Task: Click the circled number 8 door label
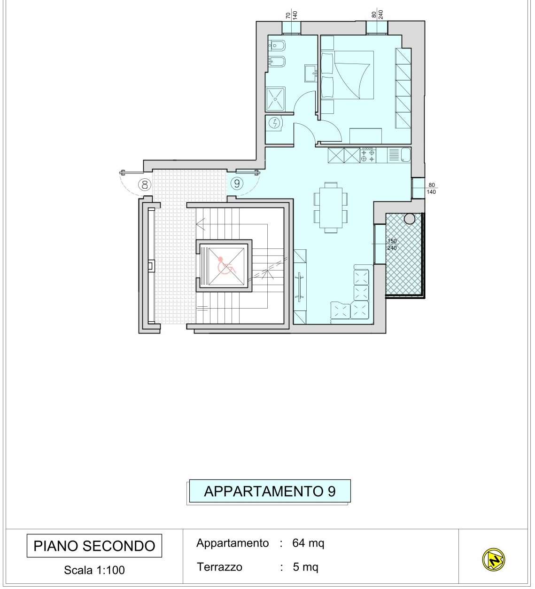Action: coord(144,185)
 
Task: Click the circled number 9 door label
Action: coord(237,183)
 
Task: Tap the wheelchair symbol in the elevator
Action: coord(225,265)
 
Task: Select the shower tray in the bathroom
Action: coord(275,99)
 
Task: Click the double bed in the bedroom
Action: coord(348,75)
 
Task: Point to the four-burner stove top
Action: coord(368,155)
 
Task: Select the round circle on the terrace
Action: coord(409,218)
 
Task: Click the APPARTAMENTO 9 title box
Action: coord(270,491)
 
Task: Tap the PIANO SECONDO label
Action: coord(94,546)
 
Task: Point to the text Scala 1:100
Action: coord(94,570)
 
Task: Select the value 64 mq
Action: coord(308,543)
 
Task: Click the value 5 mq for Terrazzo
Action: coord(305,567)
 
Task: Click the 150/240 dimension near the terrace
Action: coord(392,244)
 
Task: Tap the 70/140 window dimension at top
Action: coord(291,15)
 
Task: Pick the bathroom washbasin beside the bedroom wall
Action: coord(311,73)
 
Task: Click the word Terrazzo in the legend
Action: coord(219,567)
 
